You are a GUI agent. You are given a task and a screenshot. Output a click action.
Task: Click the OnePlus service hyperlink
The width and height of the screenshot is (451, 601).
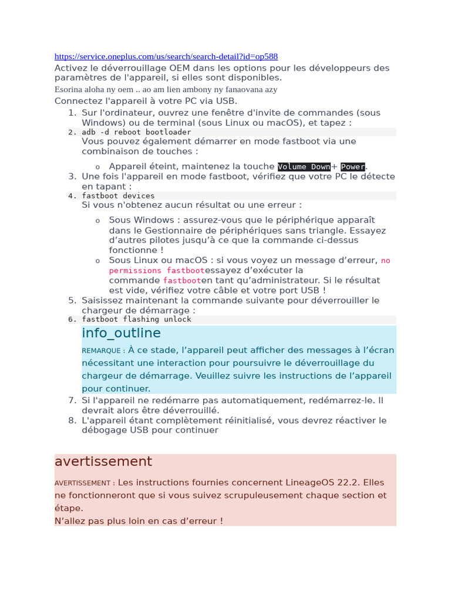(x=166, y=56)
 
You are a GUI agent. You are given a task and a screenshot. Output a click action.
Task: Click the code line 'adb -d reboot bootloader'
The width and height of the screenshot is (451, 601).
(x=136, y=132)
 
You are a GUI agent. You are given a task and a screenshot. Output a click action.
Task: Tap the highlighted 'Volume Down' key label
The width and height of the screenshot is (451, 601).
(x=304, y=167)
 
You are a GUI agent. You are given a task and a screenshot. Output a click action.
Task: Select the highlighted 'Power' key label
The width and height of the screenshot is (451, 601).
(x=352, y=167)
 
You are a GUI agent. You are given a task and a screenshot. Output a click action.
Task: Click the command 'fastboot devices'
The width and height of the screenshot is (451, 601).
(x=118, y=195)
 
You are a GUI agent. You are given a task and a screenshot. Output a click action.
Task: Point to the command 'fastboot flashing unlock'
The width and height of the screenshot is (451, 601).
(x=136, y=319)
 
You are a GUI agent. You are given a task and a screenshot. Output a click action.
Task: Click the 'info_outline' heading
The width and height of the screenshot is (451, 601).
(x=121, y=333)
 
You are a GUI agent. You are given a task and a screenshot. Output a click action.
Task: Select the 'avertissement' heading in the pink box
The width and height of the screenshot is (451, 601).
(x=103, y=461)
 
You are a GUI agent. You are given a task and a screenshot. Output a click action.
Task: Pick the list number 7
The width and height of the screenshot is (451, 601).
(x=72, y=400)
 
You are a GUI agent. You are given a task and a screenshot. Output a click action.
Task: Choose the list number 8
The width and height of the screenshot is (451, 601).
(x=72, y=420)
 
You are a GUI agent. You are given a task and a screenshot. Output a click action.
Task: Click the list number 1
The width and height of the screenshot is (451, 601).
(x=72, y=113)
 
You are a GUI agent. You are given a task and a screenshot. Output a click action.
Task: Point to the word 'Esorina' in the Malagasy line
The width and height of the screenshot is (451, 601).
(x=69, y=89)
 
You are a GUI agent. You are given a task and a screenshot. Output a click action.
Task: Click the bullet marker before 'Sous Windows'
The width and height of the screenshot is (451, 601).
(x=97, y=221)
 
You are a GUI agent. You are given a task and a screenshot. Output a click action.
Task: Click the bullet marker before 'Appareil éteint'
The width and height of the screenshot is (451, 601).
(x=97, y=167)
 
